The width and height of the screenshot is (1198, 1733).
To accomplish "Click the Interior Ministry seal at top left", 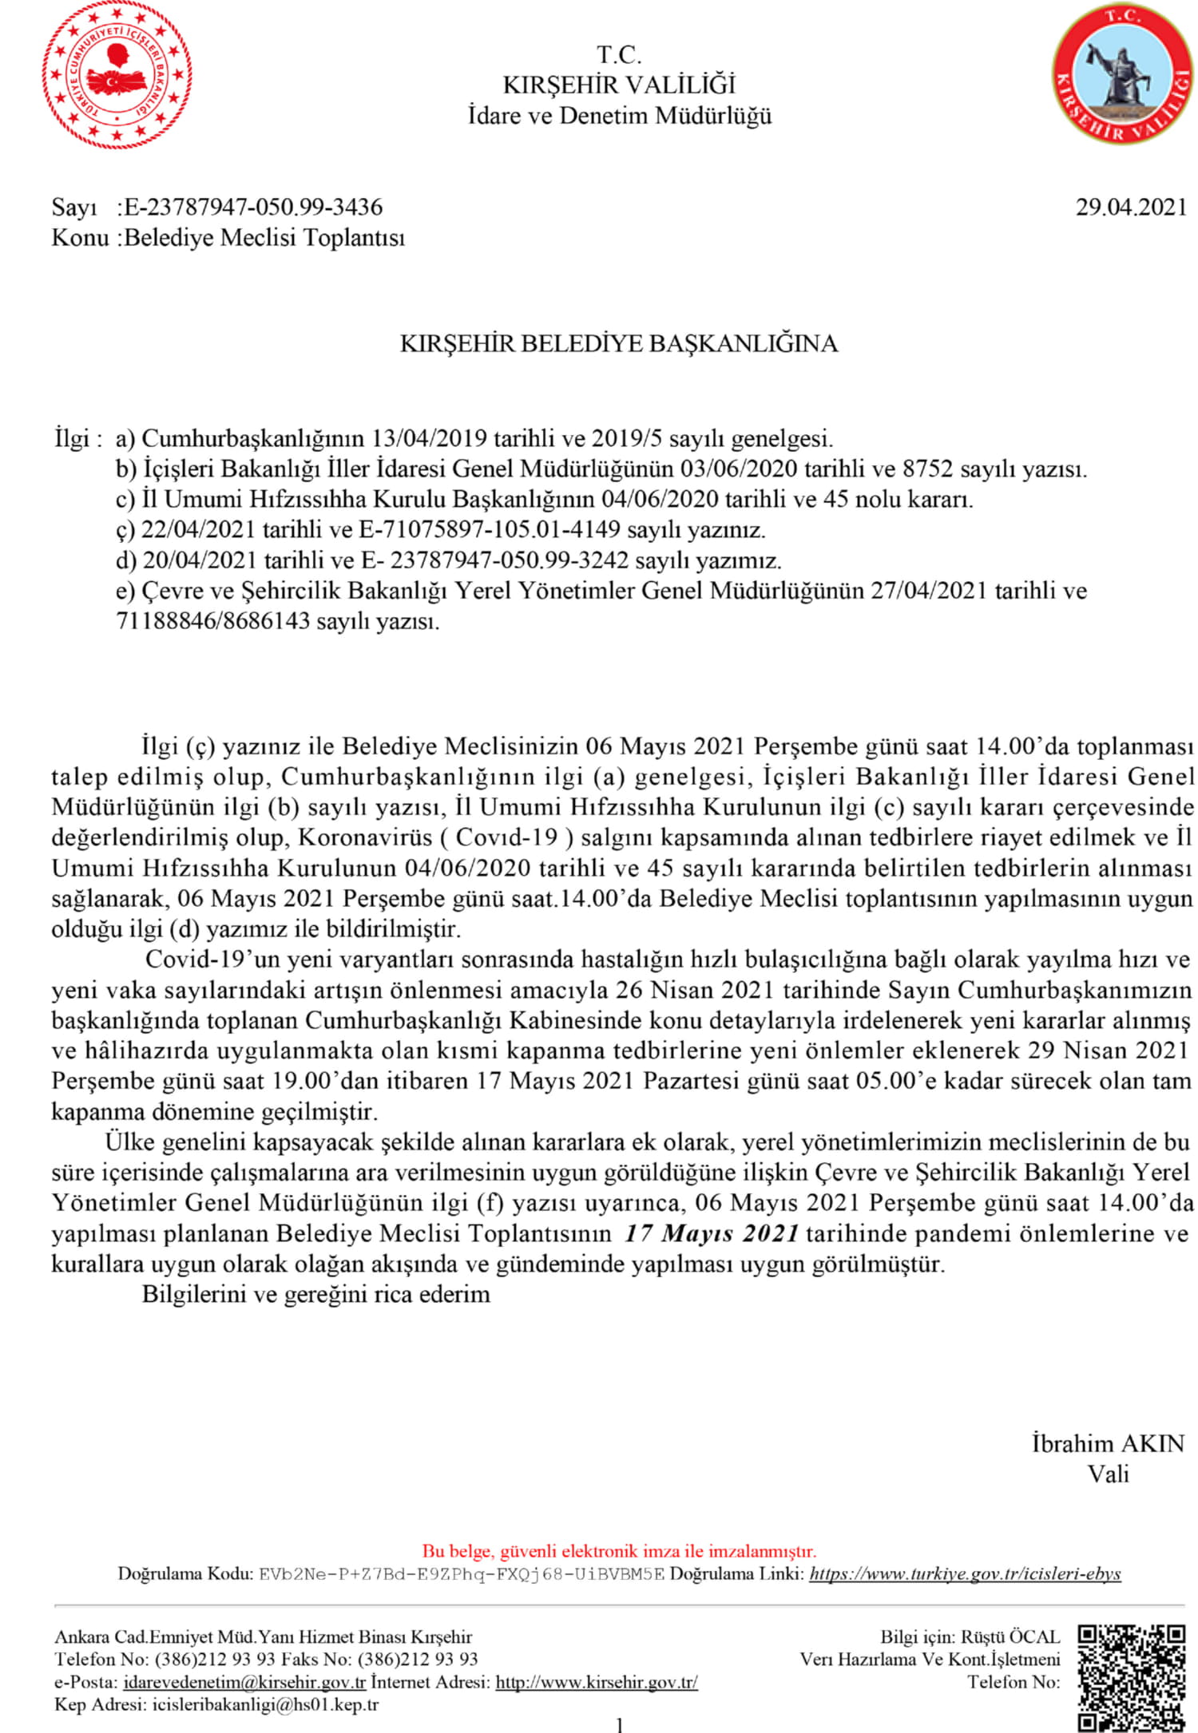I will click(x=117, y=76).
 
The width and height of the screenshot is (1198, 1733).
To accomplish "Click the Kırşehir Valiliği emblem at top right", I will click(x=1122, y=76).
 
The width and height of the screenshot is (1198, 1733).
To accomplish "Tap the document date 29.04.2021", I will click(x=1131, y=207).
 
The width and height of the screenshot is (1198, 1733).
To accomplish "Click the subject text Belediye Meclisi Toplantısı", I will click(x=264, y=237).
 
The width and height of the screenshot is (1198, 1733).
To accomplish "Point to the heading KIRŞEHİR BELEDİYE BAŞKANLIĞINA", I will click(x=618, y=343).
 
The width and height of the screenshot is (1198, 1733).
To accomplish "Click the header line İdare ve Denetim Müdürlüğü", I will click(x=620, y=116).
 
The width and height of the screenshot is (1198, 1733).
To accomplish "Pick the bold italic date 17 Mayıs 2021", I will click(x=712, y=1233).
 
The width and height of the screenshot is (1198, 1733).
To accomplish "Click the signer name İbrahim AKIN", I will click(x=1108, y=1443).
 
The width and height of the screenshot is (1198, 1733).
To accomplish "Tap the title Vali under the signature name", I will click(x=1108, y=1474).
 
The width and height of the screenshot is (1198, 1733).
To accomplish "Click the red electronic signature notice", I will click(x=619, y=1551).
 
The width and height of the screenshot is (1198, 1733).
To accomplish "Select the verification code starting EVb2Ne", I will click(x=461, y=1574).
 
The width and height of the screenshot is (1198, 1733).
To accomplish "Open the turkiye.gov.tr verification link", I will click(x=965, y=1574).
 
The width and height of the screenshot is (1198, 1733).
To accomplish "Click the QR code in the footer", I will click(x=1131, y=1676).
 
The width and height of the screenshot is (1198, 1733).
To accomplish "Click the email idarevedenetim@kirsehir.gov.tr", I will click(x=244, y=1682).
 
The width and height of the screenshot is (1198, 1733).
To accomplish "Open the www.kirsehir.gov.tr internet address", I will click(x=597, y=1682).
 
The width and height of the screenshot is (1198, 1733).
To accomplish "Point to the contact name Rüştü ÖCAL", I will click(x=1010, y=1636).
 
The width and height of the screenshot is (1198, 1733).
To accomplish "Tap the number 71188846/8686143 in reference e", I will click(x=212, y=621).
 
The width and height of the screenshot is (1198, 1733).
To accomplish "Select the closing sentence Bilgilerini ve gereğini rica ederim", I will click(x=315, y=1294).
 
